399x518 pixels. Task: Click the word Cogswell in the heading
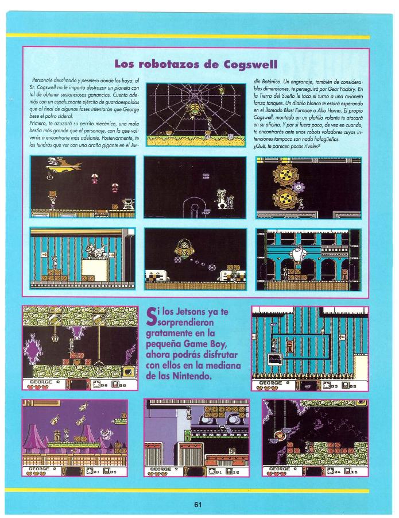pos(250,64)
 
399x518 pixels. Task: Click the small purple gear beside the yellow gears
pos(299,187)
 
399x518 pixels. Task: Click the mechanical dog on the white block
pos(97,251)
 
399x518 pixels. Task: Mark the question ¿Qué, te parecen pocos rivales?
pos(286,147)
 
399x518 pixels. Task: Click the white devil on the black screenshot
pos(222,198)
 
